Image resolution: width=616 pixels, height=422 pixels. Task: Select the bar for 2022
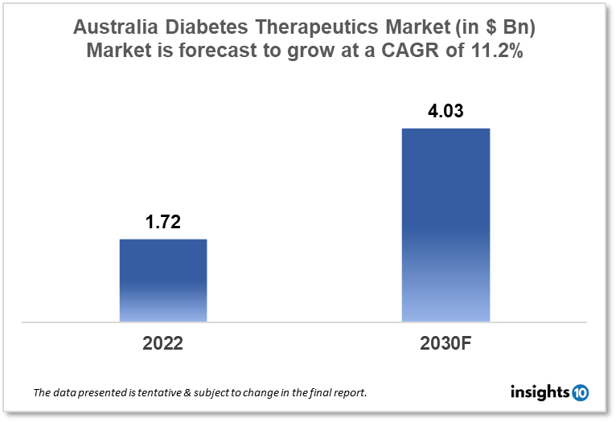163,281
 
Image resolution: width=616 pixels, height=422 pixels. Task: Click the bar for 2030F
446,225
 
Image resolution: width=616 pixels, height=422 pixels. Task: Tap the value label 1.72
163,223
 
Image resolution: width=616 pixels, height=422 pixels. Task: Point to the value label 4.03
446,111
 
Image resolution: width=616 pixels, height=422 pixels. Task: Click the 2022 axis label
163,343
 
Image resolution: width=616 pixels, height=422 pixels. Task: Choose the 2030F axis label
446,343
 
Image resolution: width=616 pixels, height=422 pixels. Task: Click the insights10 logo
549,392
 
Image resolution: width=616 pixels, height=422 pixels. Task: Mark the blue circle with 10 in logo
580,392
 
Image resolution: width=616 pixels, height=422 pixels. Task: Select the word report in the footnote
348,393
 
